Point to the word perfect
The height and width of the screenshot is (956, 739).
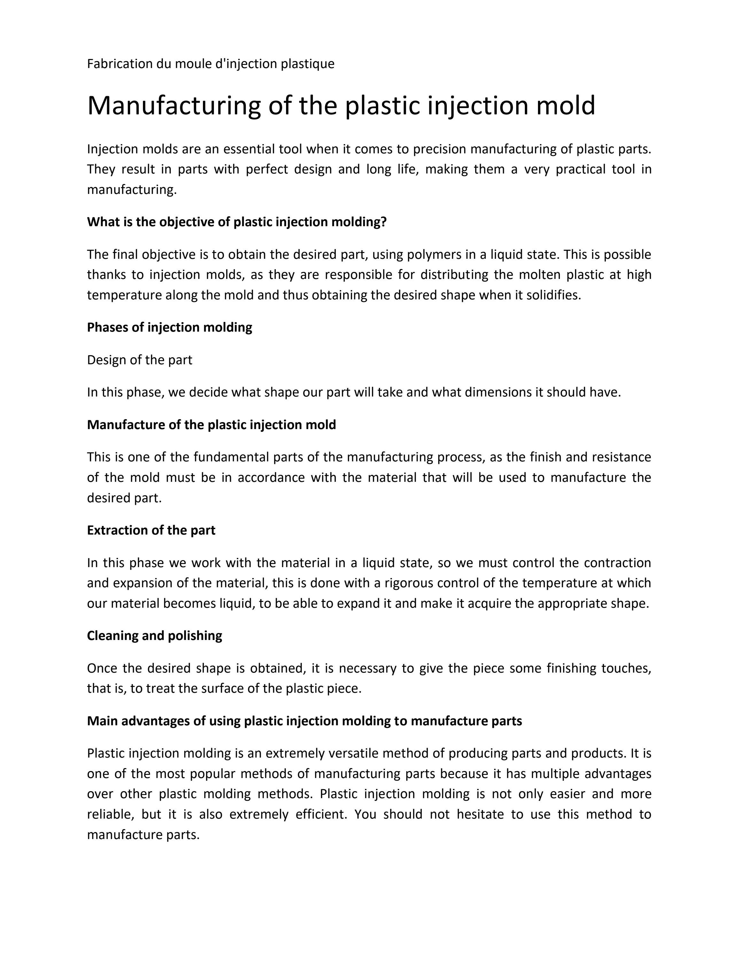pos(267,169)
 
